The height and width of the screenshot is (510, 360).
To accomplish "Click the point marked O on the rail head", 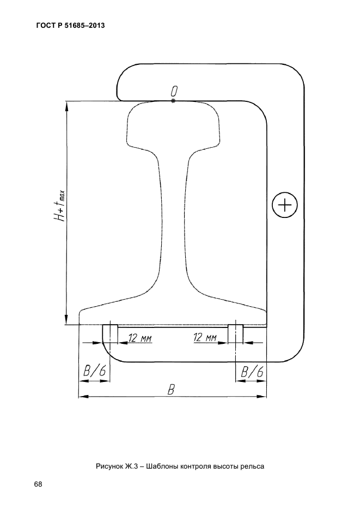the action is [x=173, y=101].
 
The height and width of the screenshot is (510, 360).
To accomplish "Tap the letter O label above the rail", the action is [x=175, y=91].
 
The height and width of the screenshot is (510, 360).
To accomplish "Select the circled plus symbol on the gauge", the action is [x=285, y=205].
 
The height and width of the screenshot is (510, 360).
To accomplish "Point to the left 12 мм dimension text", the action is [x=140, y=338].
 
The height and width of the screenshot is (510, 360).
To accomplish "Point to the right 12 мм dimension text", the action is [x=205, y=338].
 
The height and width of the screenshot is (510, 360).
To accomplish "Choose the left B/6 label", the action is [x=95, y=371].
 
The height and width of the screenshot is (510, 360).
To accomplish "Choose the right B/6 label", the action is [x=252, y=371].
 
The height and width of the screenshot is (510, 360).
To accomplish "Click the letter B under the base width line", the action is [x=171, y=390].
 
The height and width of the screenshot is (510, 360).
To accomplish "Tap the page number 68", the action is [x=38, y=484].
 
